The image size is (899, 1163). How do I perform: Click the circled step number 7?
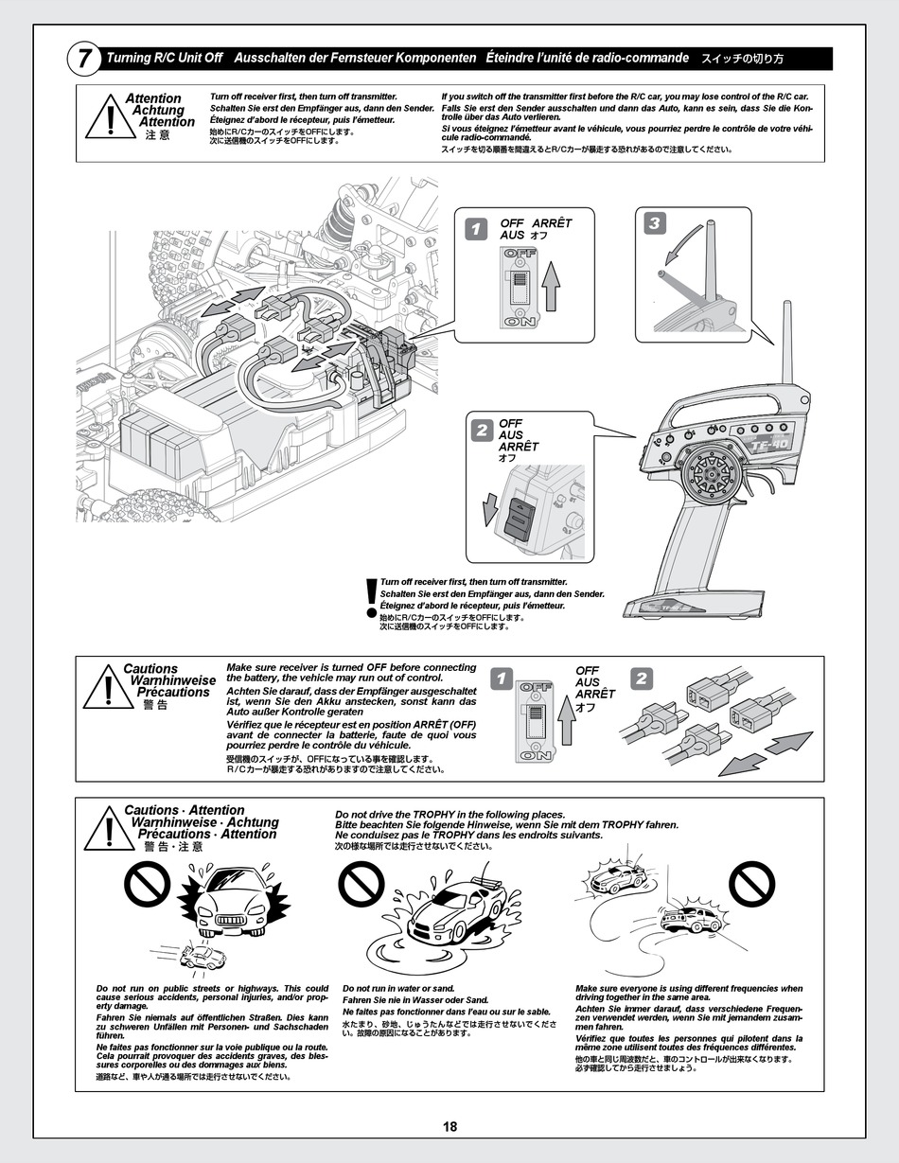(84, 60)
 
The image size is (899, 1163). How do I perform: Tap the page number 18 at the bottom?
(449, 1126)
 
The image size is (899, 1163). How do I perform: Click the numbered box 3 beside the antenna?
(655, 223)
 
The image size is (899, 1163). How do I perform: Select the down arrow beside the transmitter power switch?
(489, 510)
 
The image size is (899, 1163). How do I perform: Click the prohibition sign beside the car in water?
(361, 888)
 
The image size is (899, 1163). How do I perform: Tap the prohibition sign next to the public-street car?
(147, 888)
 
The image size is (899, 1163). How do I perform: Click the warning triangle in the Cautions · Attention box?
(110, 831)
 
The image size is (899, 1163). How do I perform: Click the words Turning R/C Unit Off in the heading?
(165, 59)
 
